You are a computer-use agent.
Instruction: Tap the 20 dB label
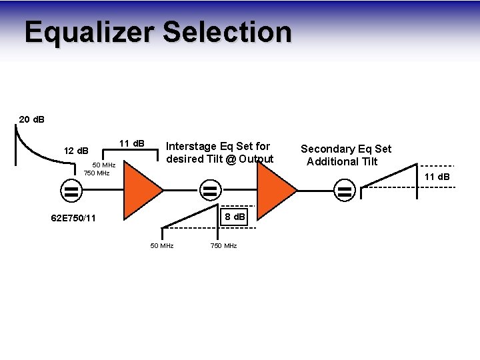32,119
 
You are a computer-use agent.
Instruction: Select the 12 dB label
75,151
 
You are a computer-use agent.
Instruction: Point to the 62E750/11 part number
73,218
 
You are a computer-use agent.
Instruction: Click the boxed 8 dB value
235,217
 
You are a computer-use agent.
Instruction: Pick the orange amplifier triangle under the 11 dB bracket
142,189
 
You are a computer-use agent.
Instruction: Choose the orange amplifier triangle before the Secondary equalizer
275,189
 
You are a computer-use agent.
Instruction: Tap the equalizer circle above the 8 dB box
210,191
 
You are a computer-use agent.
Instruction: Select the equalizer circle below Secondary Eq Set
345,191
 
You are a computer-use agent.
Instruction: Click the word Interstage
191,146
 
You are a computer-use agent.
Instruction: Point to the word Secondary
323,149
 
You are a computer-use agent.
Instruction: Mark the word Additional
331,161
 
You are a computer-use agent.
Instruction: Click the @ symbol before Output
230,159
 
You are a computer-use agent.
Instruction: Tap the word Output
256,159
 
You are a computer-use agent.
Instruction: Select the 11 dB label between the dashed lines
437,177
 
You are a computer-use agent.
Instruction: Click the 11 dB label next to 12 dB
131,143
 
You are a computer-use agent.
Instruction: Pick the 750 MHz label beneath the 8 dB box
223,246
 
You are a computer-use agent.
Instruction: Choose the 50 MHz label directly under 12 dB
104,165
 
